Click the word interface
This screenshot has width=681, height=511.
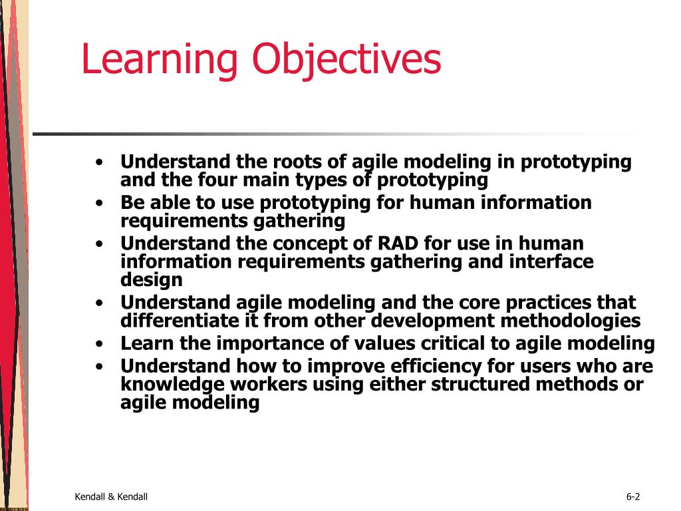(551, 261)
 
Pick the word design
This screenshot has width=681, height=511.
(151, 279)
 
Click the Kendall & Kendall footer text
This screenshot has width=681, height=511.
(111, 496)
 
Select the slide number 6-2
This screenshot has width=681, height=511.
(632, 496)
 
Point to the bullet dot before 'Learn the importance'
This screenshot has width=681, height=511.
(99, 344)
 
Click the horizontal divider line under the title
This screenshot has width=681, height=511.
(333, 134)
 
